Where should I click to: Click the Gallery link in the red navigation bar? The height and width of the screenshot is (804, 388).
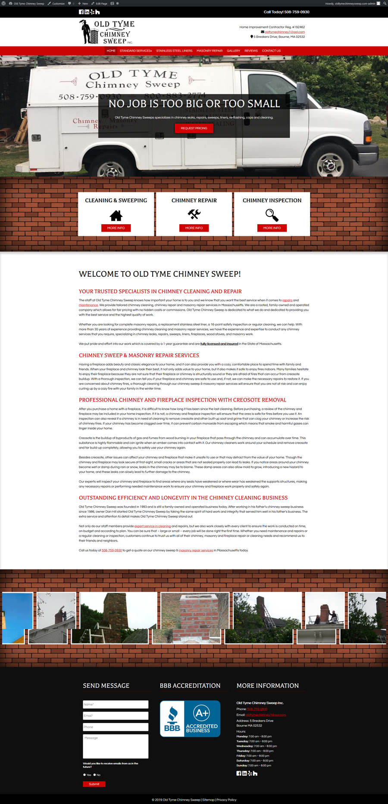click(233, 51)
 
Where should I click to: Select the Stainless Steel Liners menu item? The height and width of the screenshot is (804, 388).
click(174, 51)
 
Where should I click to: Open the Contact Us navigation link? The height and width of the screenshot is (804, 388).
click(271, 51)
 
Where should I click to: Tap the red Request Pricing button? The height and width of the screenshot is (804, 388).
click(194, 128)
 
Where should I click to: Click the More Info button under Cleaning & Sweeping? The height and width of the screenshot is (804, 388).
click(116, 228)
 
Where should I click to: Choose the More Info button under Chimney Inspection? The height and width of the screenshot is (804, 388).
click(272, 228)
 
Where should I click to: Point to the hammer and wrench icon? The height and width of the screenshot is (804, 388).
click(194, 214)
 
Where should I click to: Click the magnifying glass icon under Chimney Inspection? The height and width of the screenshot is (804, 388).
click(272, 215)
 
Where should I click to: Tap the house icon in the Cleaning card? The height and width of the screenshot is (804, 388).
click(116, 215)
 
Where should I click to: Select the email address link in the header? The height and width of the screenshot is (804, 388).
click(285, 32)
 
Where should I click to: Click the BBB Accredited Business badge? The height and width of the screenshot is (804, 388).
click(190, 718)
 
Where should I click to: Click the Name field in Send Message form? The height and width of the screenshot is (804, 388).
click(116, 705)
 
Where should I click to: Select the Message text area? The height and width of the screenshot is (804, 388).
click(116, 746)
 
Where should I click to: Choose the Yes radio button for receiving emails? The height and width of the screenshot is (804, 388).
click(84, 775)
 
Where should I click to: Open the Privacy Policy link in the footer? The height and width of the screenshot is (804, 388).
click(226, 800)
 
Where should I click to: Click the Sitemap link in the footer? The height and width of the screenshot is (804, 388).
click(208, 800)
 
